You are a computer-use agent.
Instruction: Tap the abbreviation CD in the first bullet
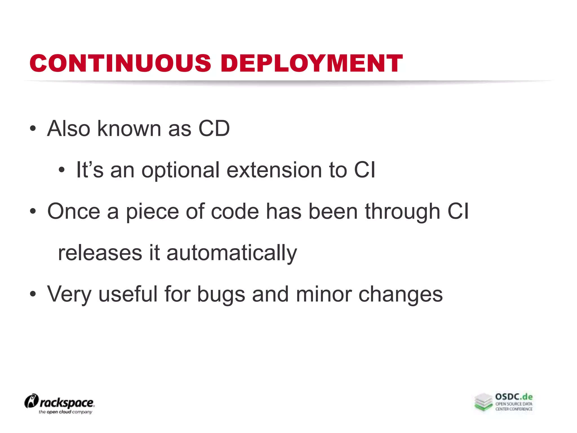pyautogui.click(x=214, y=129)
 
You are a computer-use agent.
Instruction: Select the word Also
pyautogui.click(x=68, y=129)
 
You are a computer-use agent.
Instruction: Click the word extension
pyautogui.click(x=274, y=170)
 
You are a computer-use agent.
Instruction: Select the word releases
pyautogui.click(x=100, y=253)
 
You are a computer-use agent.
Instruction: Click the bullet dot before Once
pyautogui.click(x=33, y=211)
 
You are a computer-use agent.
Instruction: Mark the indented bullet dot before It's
pyautogui.click(x=62, y=170)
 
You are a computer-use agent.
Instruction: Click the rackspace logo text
pyautogui.click(x=66, y=403)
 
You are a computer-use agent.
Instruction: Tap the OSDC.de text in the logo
pyautogui.click(x=514, y=397)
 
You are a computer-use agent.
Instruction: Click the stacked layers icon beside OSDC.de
pyautogui.click(x=483, y=402)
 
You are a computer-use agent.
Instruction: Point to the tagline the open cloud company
pyautogui.click(x=65, y=412)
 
